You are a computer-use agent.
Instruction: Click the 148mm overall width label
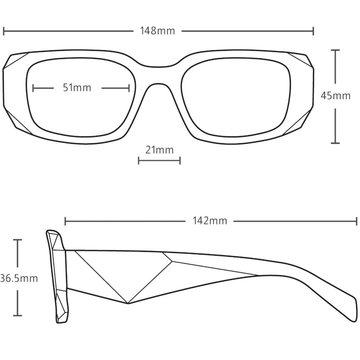(157, 31)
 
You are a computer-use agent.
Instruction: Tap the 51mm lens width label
(77, 88)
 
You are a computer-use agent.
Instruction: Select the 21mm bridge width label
(159, 150)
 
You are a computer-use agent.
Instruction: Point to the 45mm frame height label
(335, 96)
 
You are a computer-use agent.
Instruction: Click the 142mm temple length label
(210, 221)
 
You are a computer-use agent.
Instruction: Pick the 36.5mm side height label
(19, 278)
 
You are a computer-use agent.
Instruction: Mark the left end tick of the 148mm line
(4, 31)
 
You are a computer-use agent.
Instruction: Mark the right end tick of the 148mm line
(313, 31)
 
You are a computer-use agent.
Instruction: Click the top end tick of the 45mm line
(335, 50)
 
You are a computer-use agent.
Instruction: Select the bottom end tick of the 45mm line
(335, 143)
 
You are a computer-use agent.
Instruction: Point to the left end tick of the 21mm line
(139, 160)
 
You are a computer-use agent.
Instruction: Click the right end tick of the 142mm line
(356, 221)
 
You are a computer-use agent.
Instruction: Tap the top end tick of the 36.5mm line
(18, 240)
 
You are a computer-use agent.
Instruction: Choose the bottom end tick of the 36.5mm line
(18, 315)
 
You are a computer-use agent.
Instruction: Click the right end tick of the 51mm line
(129, 88)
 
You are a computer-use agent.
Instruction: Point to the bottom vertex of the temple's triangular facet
(128, 303)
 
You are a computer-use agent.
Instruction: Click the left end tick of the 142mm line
(65, 221)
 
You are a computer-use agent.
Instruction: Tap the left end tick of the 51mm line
(33, 88)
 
